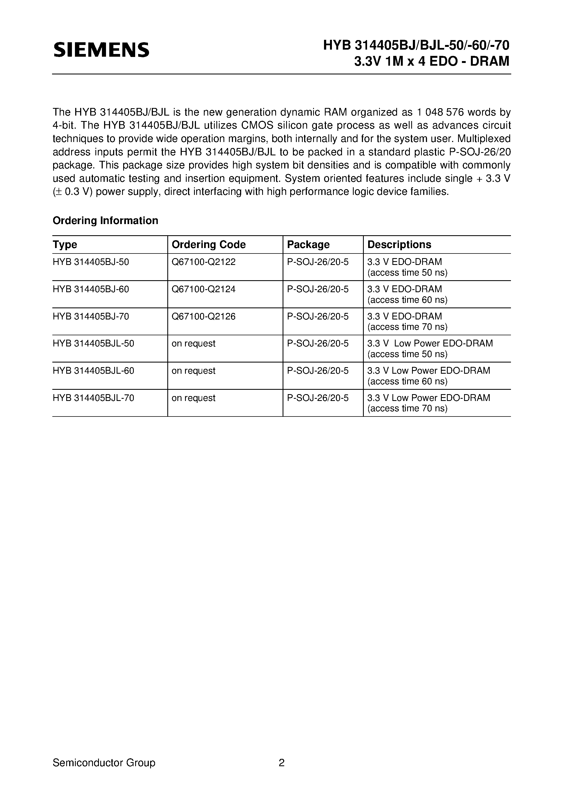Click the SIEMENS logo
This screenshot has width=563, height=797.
[x=101, y=50]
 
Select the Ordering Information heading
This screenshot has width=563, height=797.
[x=105, y=221]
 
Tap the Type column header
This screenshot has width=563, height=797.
[x=65, y=244]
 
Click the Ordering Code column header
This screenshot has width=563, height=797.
[x=209, y=244]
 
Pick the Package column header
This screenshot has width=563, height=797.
[x=308, y=244]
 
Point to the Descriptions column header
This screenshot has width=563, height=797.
[x=399, y=244]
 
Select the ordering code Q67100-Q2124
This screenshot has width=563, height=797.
[x=203, y=289]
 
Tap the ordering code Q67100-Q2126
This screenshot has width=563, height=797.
[x=203, y=316]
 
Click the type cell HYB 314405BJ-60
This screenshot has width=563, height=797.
[x=91, y=289]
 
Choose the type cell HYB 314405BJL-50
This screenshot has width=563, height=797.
[x=93, y=343]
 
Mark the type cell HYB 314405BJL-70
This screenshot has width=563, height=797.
[x=93, y=398]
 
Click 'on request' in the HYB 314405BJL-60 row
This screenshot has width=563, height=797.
[x=193, y=371]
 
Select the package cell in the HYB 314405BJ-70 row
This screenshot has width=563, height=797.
[x=317, y=316]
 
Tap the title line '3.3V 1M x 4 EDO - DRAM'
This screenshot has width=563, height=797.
[x=431, y=61]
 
